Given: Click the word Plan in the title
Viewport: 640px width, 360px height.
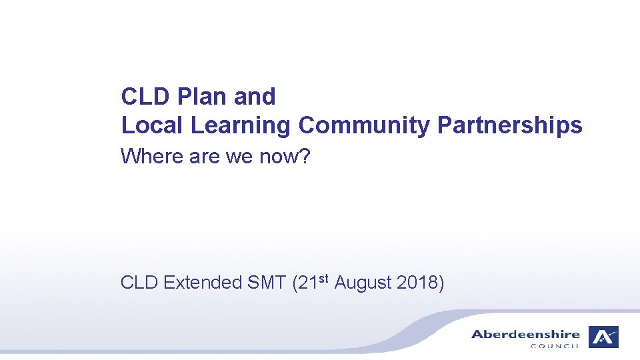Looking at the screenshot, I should tap(203, 97).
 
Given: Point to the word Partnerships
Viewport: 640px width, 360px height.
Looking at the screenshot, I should tap(509, 125).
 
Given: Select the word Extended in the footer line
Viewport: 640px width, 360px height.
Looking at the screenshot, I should tap(203, 283).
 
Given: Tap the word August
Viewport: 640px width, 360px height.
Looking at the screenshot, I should tap(363, 283).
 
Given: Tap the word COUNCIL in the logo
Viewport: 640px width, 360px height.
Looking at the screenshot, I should tap(555, 345).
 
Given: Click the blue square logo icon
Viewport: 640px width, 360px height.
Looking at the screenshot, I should tap(603, 337).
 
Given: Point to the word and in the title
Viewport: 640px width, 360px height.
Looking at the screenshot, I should tap(254, 97).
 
